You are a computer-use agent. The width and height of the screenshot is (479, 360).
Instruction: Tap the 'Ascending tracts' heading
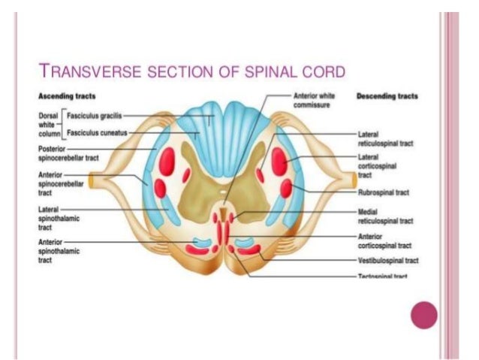click(x=67, y=96)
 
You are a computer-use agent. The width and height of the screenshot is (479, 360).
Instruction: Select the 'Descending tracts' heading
click(x=388, y=96)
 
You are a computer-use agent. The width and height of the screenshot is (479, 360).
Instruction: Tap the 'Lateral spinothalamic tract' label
click(x=54, y=213)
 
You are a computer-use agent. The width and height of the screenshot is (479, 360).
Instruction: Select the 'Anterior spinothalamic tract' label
click(x=54, y=246)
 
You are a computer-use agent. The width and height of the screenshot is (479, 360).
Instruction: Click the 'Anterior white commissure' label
click(x=314, y=101)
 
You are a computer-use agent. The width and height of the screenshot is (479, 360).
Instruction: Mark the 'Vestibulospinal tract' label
click(x=387, y=260)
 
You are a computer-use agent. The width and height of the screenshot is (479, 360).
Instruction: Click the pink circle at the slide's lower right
click(x=423, y=314)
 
